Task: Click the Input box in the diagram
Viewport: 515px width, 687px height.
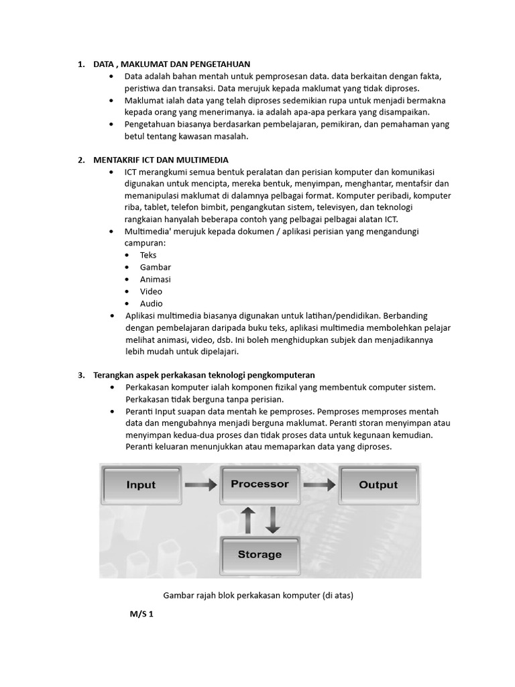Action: tap(141, 485)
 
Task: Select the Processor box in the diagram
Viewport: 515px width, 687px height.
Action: tap(260, 484)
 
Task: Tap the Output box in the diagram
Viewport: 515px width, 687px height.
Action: tap(378, 485)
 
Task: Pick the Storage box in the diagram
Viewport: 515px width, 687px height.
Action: tap(260, 554)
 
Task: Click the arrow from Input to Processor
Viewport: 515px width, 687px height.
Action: tap(201, 484)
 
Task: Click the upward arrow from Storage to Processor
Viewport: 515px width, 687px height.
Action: tap(247, 519)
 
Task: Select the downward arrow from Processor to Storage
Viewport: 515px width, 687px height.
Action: tap(273, 519)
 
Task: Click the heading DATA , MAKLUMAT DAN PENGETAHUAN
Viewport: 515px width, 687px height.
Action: tap(172, 64)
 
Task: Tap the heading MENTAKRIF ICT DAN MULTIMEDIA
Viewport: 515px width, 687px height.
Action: tap(161, 160)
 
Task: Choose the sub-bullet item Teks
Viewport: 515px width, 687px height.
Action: tap(148, 255)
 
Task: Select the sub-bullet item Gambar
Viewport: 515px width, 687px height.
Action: tap(156, 267)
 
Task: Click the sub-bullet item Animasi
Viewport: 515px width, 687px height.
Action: tap(156, 279)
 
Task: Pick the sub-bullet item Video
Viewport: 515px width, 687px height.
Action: tap(151, 291)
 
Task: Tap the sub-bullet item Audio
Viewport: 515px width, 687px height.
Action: tap(152, 303)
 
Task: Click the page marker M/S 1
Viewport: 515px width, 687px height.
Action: tap(142, 613)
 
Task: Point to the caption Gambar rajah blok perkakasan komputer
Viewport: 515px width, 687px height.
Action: tap(258, 595)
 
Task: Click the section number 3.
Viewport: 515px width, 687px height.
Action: tap(80, 374)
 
